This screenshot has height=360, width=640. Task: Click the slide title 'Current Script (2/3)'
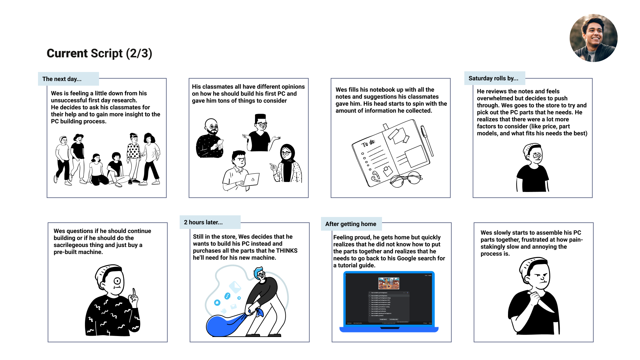99,53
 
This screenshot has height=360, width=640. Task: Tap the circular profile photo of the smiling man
593,38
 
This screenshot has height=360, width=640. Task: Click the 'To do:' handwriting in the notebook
368,143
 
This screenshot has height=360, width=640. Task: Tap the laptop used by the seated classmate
251,179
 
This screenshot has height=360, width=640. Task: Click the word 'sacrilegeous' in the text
70,245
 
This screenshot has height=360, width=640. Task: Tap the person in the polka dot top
134,157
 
